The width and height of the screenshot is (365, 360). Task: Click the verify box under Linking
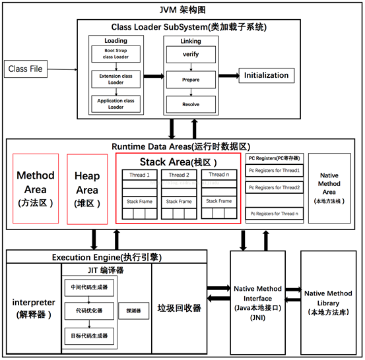[x=191, y=54]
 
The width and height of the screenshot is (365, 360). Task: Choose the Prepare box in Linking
[x=191, y=80]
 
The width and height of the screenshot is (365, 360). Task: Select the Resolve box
[x=191, y=104]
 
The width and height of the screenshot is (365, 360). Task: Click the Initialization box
[x=266, y=75]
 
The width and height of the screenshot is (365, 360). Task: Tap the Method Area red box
[x=36, y=190]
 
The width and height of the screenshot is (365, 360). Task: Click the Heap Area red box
[x=88, y=190]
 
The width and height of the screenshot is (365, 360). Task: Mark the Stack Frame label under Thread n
[x=216, y=201]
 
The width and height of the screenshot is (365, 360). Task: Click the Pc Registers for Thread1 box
[x=273, y=171]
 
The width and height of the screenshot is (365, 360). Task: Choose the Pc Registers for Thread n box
[x=273, y=214]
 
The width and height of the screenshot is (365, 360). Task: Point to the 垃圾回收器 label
[x=179, y=308]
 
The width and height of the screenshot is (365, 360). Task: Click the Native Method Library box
[x=327, y=302]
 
